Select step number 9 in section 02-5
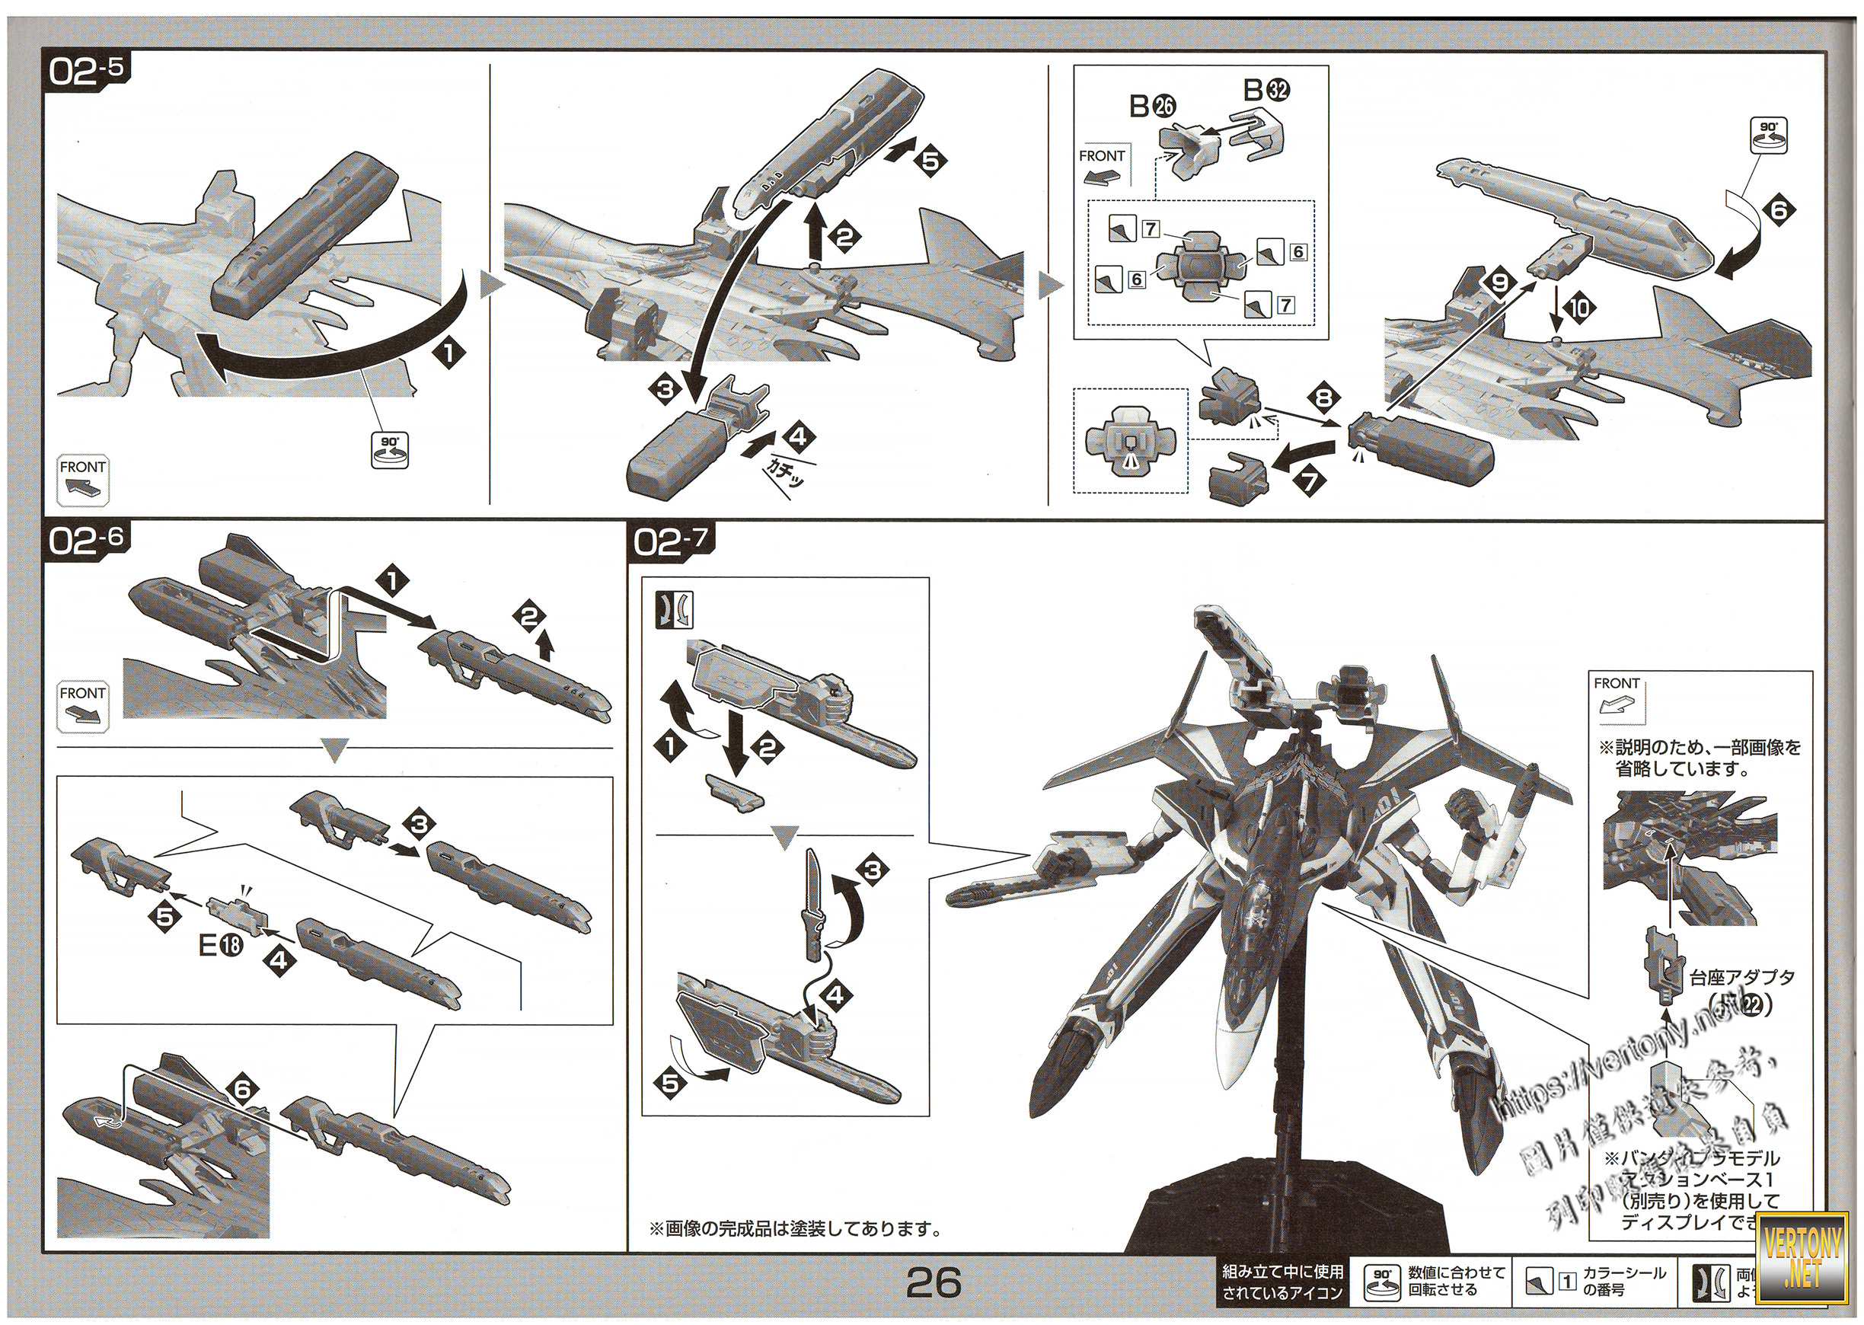(x=1501, y=283)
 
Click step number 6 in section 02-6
(x=245, y=1090)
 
